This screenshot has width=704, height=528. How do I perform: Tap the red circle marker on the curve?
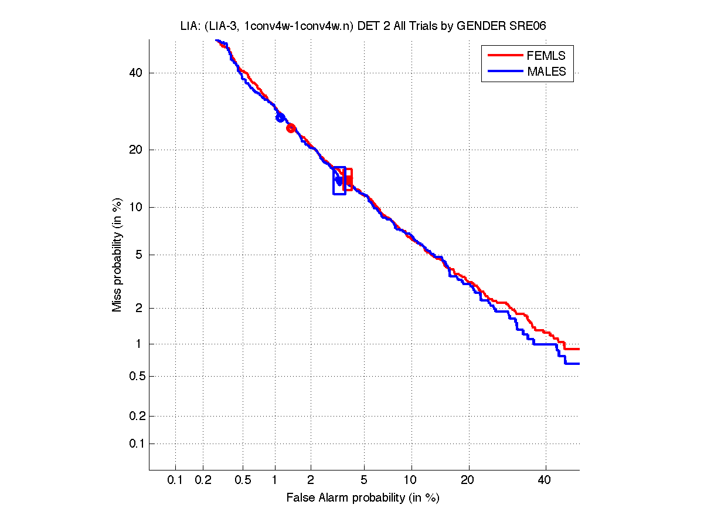291,128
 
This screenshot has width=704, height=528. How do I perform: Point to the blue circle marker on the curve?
280,117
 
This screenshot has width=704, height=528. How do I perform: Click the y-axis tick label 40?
136,73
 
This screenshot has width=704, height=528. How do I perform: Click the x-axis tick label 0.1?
175,480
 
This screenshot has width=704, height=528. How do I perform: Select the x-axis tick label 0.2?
203,480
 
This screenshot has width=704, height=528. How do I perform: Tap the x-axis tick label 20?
467,480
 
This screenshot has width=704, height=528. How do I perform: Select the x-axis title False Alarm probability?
363,498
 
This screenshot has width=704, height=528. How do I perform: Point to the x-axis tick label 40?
545,480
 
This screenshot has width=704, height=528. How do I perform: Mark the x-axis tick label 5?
364,480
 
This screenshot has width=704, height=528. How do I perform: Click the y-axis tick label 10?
136,207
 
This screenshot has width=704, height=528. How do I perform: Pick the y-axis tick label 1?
139,344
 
